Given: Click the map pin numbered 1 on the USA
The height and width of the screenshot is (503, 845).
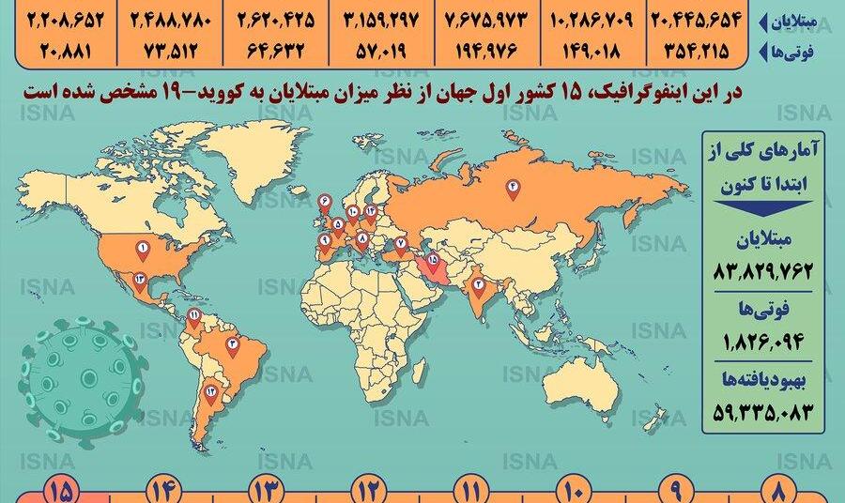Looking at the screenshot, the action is (143, 250).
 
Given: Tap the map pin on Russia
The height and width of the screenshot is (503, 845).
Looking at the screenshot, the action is (514, 188).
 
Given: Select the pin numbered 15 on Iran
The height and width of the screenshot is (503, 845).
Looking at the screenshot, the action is (432, 261).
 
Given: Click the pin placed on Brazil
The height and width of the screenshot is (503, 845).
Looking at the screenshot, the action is (232, 345).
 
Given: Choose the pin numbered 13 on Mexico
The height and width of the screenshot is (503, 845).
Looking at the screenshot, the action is (138, 279).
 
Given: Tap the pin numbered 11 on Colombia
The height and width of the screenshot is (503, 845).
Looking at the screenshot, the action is (193, 314).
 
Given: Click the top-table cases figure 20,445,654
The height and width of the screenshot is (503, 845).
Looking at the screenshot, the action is (704, 19).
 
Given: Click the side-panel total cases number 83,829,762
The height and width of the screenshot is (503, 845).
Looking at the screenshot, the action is (756, 273).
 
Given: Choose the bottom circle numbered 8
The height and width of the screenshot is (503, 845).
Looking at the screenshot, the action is (779, 490).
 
